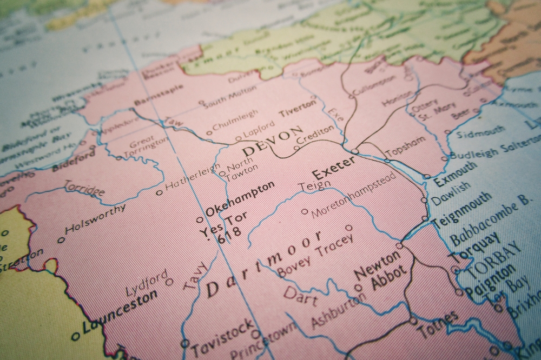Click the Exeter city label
coord(334,168)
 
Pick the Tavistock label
coord(222,336)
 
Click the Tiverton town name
coord(298,108)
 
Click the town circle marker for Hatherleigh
coord(159,192)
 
